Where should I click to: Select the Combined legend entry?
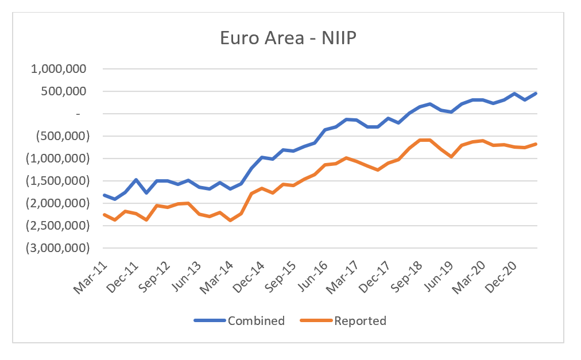tap(255, 320)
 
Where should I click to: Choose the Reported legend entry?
tap(360, 320)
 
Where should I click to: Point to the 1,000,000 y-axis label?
tap(59, 69)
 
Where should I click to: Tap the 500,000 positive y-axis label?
tap(64, 91)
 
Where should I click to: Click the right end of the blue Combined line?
tap(536, 93)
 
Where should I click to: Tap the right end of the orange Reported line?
tap(536, 144)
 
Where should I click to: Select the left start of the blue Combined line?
tap(104, 195)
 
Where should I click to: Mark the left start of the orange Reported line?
tap(104, 215)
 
